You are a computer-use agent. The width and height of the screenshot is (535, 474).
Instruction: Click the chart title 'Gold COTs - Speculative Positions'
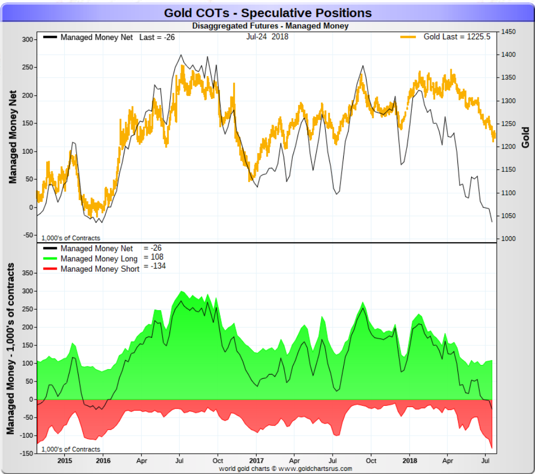(268, 13)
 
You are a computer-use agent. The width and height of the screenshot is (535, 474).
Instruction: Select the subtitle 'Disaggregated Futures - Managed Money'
(270, 26)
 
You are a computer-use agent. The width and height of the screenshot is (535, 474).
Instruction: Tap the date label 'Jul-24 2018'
(267, 37)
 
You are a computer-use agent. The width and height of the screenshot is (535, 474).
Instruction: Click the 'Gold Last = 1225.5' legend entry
(456, 37)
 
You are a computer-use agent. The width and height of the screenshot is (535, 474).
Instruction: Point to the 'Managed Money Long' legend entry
(99, 259)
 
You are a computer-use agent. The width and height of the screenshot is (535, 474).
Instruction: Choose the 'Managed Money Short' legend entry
(100, 269)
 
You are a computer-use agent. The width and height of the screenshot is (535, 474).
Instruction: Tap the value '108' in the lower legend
(157, 257)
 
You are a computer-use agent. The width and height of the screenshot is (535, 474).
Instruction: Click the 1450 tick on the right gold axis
(508, 32)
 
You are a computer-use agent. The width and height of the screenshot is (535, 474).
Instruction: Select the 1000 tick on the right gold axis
(508, 239)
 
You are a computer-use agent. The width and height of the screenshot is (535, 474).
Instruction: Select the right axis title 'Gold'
(525, 137)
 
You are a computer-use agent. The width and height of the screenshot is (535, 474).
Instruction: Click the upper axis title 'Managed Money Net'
(13, 137)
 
